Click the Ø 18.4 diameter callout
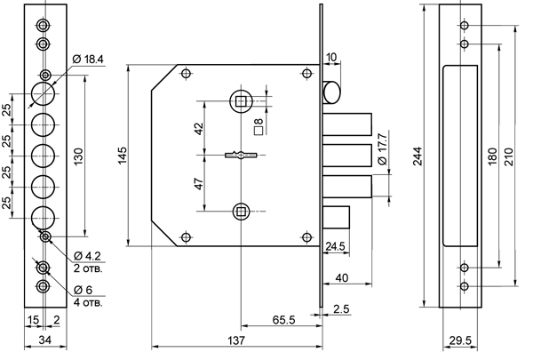88,59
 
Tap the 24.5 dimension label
335,246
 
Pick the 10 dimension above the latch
330,58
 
